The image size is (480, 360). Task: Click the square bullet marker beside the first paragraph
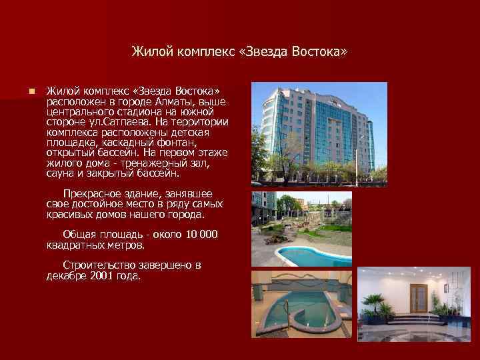(23, 91)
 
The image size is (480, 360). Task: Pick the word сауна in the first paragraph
(61, 173)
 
